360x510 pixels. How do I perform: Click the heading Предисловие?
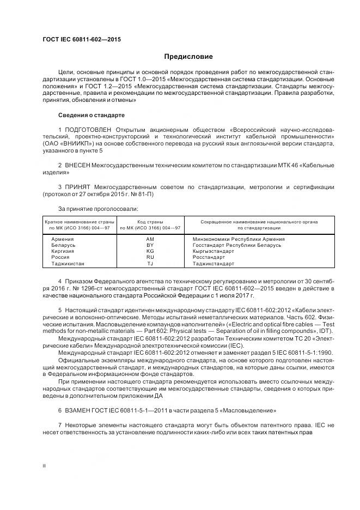click(x=189, y=57)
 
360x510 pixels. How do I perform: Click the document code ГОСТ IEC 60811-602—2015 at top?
click(x=82, y=40)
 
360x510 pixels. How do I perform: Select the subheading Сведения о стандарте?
click(x=91, y=116)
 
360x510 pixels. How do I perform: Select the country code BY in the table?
click(x=150, y=245)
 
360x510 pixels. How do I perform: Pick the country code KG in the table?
click(x=150, y=251)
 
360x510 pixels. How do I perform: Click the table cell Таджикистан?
click(x=68, y=264)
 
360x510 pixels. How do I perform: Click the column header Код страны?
click(x=150, y=222)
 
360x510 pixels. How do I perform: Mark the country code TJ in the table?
click(x=150, y=264)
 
